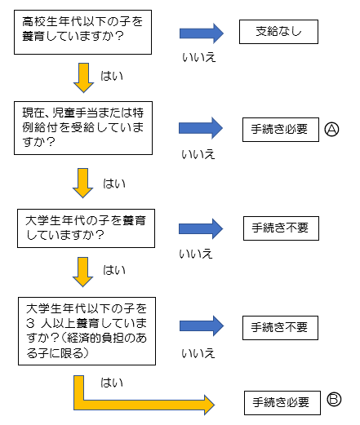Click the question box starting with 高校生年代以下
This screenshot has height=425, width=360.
[82, 31]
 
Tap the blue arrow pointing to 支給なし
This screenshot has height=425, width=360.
[201, 33]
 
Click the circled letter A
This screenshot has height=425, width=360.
[331, 128]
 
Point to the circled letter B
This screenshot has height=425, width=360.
[334, 399]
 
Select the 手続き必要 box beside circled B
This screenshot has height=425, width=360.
[281, 401]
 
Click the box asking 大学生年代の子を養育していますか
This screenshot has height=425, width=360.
[83, 228]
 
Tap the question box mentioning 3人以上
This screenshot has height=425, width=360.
[83, 330]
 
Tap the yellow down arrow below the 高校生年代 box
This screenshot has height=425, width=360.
[83, 77]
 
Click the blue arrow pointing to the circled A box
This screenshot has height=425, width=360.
[201, 128]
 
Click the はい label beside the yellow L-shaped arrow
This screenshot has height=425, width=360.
[112, 381]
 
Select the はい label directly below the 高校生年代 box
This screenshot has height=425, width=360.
[113, 75]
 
